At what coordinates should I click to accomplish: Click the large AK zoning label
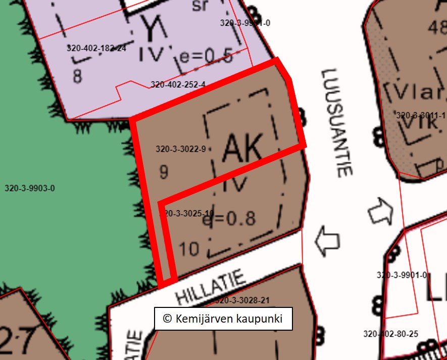[x=243, y=147]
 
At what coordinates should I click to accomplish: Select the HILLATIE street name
[x=211, y=286]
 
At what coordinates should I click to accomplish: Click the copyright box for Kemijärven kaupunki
[x=223, y=319]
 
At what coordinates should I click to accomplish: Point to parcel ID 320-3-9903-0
[x=30, y=189]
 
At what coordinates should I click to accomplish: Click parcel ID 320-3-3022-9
[x=181, y=149]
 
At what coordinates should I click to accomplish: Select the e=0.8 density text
[x=229, y=218]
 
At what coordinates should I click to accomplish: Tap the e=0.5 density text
[x=207, y=57]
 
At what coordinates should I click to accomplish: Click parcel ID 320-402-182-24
[x=96, y=48]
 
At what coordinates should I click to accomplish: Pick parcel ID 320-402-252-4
[x=178, y=84]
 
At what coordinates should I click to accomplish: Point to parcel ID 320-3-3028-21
[x=242, y=300]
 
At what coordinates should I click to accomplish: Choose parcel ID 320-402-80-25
[x=390, y=334]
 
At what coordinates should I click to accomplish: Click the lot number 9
[x=164, y=172]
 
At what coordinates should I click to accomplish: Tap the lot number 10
[x=189, y=249]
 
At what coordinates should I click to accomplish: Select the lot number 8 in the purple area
[x=77, y=76]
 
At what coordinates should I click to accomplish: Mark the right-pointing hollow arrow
[x=380, y=211]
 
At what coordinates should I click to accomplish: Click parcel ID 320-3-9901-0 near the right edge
[x=402, y=275]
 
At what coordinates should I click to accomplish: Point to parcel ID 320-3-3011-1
[x=421, y=115]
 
